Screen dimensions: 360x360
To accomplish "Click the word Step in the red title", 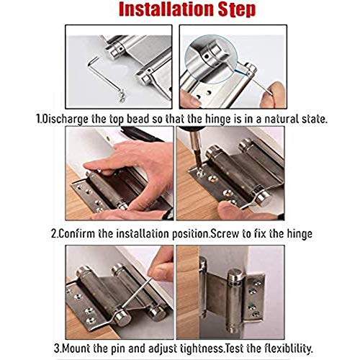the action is click(x=235, y=10).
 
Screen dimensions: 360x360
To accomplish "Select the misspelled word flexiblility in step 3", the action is click(x=289, y=348).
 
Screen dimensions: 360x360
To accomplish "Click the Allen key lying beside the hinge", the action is click(x=106, y=78).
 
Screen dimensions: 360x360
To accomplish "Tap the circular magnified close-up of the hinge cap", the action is click(x=211, y=58).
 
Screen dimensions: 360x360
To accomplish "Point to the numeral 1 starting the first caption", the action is click(x=38, y=119).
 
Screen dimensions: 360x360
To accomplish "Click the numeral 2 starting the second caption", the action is click(x=54, y=234).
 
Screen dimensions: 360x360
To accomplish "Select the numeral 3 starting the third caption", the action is click(x=57, y=348).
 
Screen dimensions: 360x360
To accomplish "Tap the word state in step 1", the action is click(x=315, y=120).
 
